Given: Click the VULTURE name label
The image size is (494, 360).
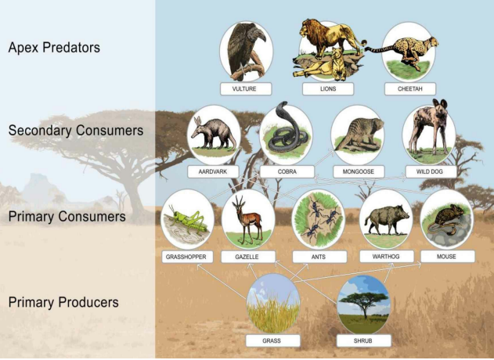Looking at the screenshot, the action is (246, 88).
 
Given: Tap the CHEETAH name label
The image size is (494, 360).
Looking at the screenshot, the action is (410, 88).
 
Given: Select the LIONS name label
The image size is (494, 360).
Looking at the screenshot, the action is (328, 88).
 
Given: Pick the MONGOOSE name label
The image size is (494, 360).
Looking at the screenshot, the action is (359, 171).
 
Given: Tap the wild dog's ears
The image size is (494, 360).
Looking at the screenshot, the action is (439, 104).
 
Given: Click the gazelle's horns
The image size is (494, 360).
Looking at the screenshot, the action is (239, 200).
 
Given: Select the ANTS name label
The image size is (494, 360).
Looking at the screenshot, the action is (319, 257).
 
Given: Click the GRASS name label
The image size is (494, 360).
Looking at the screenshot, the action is (272, 340).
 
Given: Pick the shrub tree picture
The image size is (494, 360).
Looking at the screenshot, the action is (363, 304).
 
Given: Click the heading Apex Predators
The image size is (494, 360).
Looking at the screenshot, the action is (54, 48).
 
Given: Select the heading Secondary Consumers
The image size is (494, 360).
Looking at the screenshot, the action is (76, 131).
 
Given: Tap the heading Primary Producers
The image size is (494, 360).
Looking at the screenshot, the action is (63, 302).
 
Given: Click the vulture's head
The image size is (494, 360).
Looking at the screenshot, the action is (258, 34).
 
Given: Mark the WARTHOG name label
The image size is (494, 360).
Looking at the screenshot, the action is (387, 257).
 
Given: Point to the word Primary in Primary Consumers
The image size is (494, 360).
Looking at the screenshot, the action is (31, 217).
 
